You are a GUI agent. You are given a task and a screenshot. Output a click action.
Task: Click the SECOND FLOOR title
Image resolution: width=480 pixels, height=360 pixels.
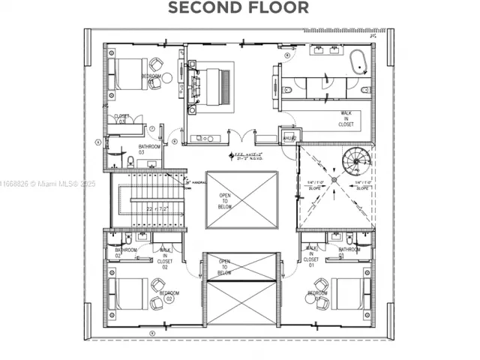(x=238, y=8)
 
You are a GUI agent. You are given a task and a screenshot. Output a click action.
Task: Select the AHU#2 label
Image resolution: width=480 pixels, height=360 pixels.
(x=289, y=138)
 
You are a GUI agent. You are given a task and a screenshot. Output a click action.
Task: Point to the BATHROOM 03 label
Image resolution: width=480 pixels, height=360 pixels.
(x=149, y=149)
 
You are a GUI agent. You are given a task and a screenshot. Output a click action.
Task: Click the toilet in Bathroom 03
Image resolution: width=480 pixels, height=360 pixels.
(x=130, y=160)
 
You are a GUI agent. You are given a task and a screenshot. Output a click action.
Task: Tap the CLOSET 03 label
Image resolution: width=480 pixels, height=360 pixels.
(x=122, y=118)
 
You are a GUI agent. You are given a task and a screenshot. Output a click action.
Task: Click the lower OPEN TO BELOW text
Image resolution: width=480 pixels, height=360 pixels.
(x=225, y=267)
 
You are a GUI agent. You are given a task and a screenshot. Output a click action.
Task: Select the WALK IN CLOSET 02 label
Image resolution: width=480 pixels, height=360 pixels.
(x=165, y=257)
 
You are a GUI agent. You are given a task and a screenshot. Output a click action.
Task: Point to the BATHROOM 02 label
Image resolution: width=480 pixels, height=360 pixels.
(x=125, y=252)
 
